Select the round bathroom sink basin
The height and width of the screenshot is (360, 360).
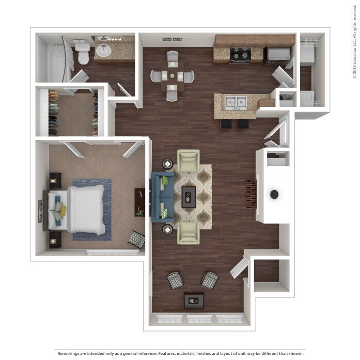[x=103, y=51]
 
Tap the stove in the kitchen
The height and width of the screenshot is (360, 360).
[x=240, y=55]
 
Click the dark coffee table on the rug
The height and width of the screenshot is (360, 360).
[x=189, y=196]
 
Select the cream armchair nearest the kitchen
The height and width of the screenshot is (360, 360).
[x=188, y=160]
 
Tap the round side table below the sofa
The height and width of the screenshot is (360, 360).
[x=168, y=229]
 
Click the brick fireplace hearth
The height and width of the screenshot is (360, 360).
[x=252, y=194]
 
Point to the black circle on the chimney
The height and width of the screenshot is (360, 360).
[x=274, y=194]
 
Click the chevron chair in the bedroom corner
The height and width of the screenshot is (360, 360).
[x=136, y=239]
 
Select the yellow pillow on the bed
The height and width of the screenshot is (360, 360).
[x=62, y=211]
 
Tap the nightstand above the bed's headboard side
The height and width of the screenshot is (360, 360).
[x=54, y=180]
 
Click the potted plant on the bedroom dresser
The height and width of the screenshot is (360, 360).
[x=139, y=212]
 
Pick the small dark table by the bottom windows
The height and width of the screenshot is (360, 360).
[x=194, y=300]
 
